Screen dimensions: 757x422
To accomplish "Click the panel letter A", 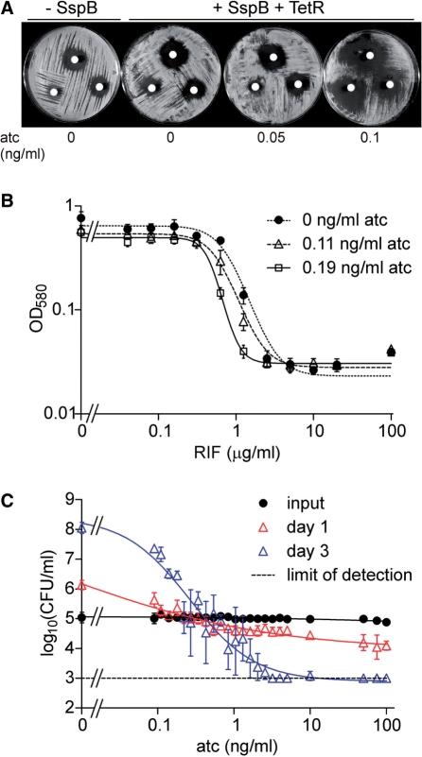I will pyautogui.click(x=8, y=8).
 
